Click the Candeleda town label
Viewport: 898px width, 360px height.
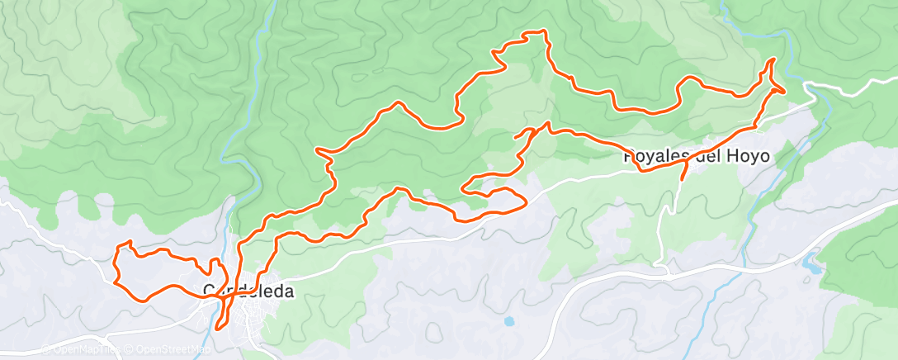248,291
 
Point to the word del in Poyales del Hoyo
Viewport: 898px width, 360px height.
709,155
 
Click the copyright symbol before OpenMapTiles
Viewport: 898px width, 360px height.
46,349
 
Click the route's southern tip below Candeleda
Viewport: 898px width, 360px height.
218,328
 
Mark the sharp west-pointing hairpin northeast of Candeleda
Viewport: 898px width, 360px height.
319,150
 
